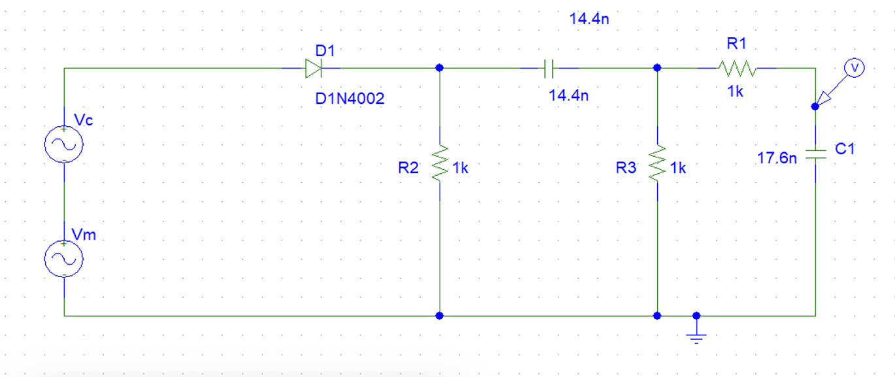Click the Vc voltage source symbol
64,144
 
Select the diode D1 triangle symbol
312,67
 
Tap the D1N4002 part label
350,99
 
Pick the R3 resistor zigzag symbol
657,163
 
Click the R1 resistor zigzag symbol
737,67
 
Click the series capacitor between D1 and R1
549,67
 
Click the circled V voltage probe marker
853,67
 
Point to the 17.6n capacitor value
776,158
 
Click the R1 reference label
736,44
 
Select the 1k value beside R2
460,168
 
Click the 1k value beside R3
678,168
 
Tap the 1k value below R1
736,91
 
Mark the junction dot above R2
440,67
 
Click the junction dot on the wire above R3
657,67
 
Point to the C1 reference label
845,149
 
